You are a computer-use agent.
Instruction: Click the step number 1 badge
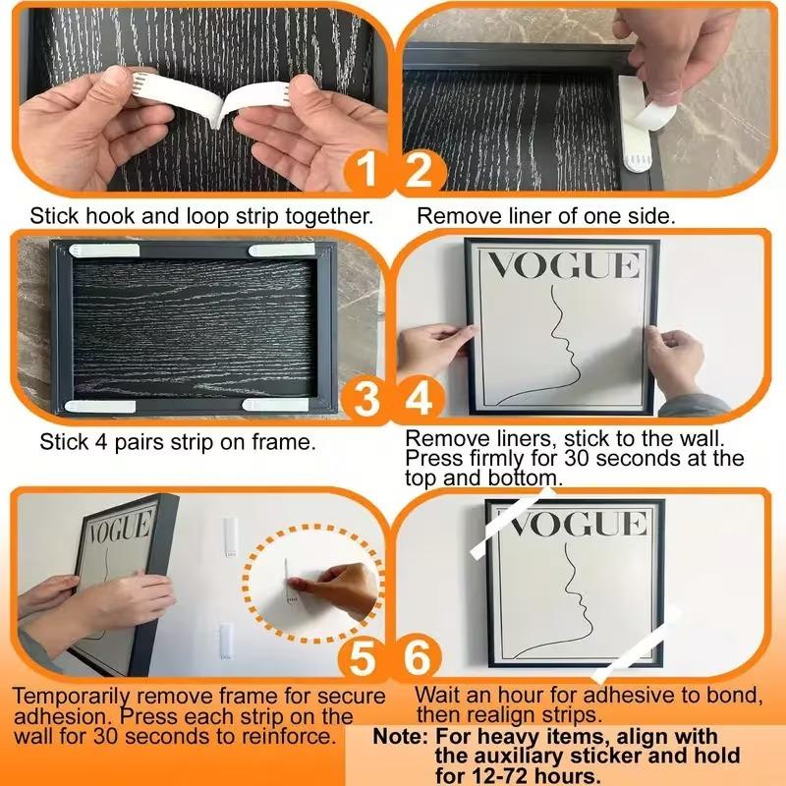(365, 173)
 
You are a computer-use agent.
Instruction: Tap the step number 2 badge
(421, 173)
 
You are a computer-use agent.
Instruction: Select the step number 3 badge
(365, 401)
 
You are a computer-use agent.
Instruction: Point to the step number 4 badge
(421, 401)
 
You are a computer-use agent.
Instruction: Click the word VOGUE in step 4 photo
(563, 266)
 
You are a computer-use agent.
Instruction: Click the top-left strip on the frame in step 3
(104, 251)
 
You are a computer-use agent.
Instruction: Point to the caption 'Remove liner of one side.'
(547, 214)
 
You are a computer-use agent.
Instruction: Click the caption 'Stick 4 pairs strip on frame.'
(178, 442)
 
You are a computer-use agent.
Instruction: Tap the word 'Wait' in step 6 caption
(436, 696)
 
